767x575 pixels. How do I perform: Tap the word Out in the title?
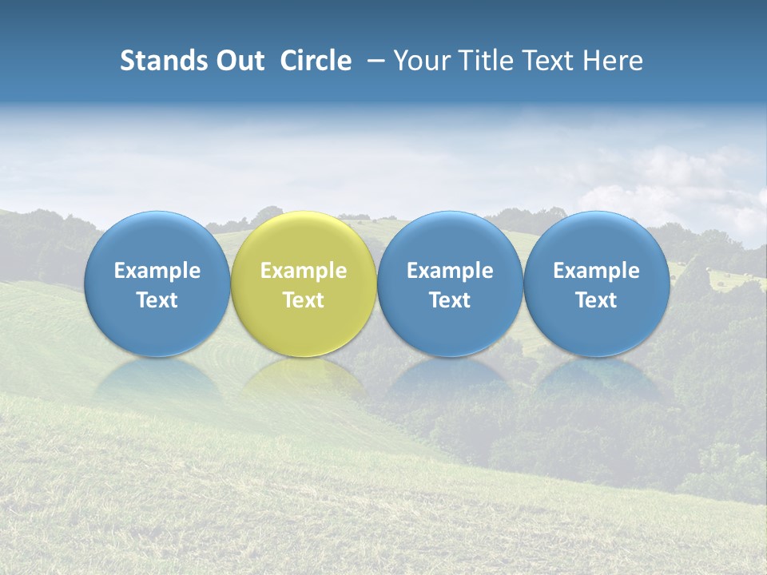238,61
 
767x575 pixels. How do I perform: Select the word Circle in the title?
316,61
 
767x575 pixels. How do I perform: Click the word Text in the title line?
550,61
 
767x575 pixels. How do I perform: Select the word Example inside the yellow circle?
304,271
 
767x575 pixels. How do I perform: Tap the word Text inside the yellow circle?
304,300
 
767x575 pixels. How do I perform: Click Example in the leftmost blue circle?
157,271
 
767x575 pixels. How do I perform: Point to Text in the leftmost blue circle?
157,300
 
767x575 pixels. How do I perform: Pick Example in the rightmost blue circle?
596,271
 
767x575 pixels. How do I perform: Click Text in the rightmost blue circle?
596,300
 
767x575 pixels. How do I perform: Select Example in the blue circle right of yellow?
450,271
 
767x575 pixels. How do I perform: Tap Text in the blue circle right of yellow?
450,300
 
